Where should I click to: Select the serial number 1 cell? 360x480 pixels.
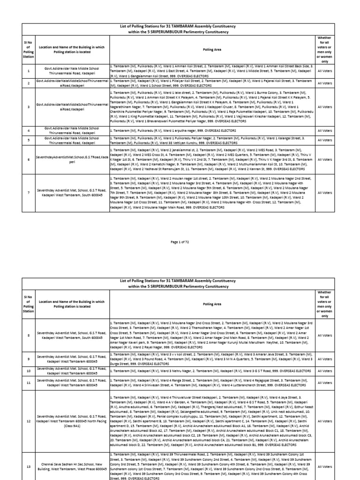29,71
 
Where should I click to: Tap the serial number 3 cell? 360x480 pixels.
29,106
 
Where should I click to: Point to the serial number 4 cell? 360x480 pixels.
29,130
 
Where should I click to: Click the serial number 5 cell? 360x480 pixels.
29,139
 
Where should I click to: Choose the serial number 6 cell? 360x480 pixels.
29,160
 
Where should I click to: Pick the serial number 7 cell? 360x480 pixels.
29,192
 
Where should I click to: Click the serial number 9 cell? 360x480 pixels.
29,360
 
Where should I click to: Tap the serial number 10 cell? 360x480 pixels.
29,370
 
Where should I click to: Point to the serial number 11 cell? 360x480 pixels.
29,382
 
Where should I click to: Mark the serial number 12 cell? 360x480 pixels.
29,421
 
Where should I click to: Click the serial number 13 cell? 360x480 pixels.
29,467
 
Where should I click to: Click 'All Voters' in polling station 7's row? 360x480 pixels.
324,192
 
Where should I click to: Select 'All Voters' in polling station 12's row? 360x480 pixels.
324,421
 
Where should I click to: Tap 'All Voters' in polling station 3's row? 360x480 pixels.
324,106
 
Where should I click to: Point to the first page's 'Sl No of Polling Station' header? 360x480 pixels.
29,48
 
